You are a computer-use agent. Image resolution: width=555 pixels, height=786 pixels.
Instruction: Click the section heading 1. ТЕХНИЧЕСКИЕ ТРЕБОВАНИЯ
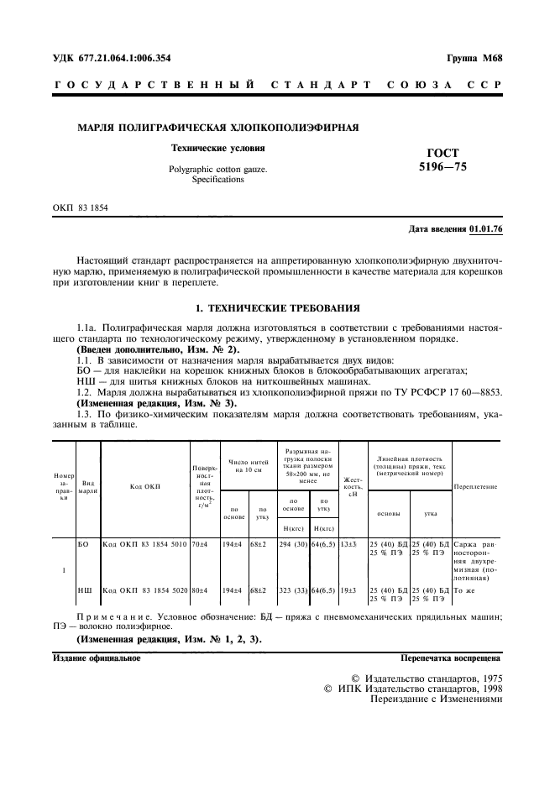(x=277, y=308)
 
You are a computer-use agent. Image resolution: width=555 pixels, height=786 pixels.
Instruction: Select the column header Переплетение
(x=476, y=487)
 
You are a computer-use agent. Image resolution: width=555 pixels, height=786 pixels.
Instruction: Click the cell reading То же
(x=464, y=591)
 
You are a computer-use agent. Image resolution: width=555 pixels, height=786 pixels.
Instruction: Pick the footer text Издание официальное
(x=97, y=658)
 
